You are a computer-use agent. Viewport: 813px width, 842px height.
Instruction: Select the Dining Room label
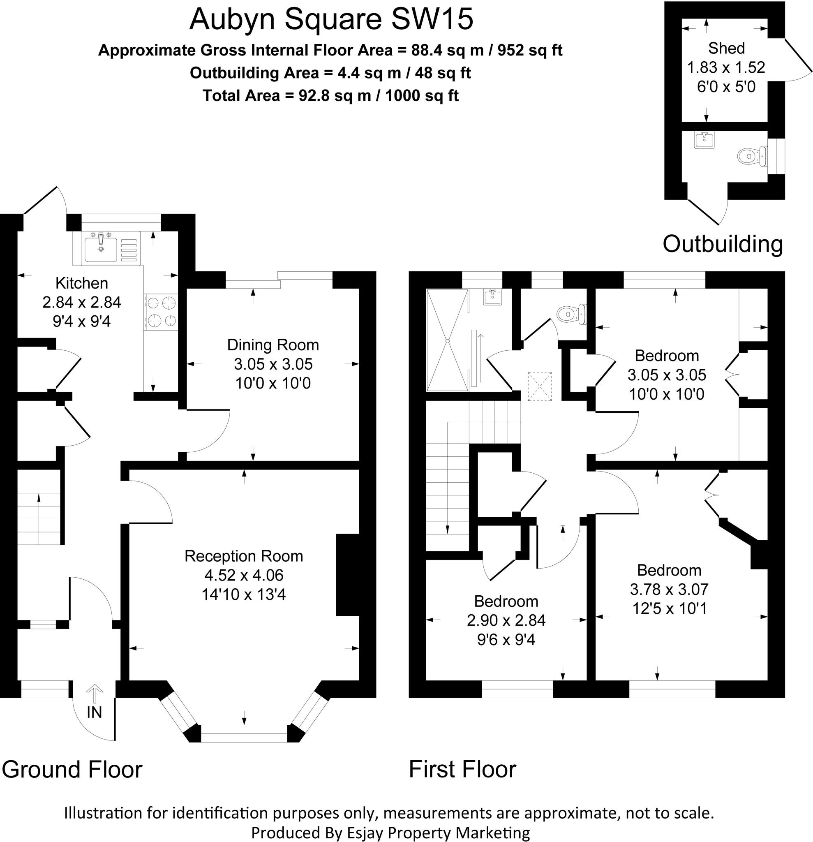click(x=273, y=345)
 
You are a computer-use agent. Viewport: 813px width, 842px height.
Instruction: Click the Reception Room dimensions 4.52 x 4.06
click(x=243, y=575)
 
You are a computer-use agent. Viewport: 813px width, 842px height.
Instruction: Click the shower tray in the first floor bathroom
click(x=447, y=340)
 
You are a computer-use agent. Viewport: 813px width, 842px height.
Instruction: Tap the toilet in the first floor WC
click(x=571, y=314)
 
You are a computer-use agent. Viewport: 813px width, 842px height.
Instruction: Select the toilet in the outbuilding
click(x=752, y=156)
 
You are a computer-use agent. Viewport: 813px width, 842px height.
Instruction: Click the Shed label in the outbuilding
click(x=726, y=48)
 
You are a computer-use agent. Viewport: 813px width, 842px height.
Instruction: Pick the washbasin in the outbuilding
click(x=704, y=139)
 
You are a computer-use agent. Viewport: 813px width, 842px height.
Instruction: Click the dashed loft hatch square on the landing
click(x=539, y=386)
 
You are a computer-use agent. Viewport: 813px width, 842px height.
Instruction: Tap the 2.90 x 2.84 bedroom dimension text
click(x=506, y=620)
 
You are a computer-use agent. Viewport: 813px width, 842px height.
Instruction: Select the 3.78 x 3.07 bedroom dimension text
click(x=669, y=589)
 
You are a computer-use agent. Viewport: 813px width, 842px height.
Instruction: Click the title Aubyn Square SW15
click(x=331, y=19)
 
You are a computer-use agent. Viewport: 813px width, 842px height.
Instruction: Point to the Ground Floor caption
click(x=72, y=769)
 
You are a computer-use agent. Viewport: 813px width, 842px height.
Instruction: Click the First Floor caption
click(x=462, y=769)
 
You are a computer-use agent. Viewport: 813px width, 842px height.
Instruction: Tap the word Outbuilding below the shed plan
click(x=723, y=243)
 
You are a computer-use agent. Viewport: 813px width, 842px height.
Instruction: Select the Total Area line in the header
click(x=330, y=95)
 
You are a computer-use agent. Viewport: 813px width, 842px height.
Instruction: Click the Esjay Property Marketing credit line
click(x=390, y=833)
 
